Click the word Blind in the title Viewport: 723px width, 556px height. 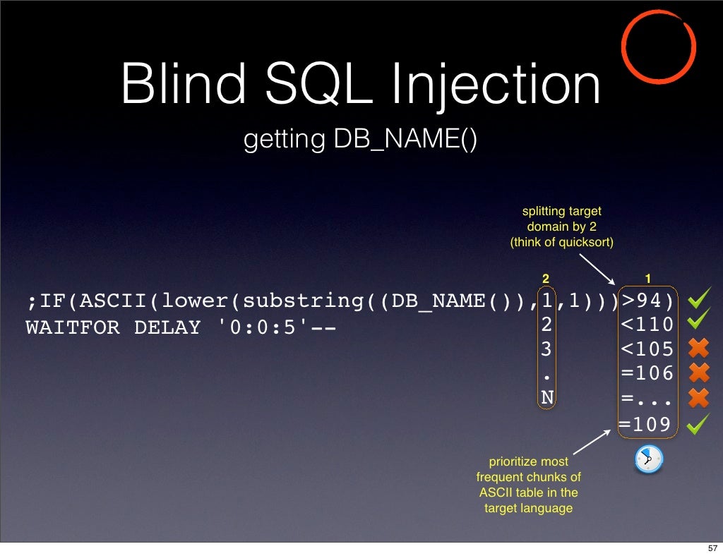coord(183,84)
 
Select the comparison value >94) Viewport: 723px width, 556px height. coord(647,301)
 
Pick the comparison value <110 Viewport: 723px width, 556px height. coord(647,325)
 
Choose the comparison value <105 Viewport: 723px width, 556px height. coord(647,349)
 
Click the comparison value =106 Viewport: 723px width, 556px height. coord(647,373)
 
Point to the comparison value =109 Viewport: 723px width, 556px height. coord(645,424)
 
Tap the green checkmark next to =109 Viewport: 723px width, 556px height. coord(698,424)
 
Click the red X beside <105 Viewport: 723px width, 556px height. coord(698,349)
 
